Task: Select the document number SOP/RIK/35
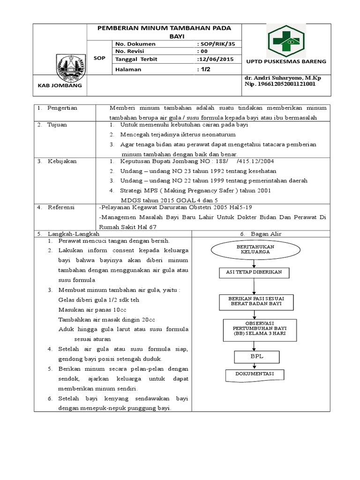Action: [x=216, y=44]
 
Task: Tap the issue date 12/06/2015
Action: [x=216, y=59]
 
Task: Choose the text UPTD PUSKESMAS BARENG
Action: [x=286, y=61]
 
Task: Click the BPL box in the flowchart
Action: [x=256, y=356]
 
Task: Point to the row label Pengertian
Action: [x=62, y=108]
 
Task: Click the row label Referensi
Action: [x=61, y=207]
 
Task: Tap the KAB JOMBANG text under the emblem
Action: [x=60, y=86]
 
